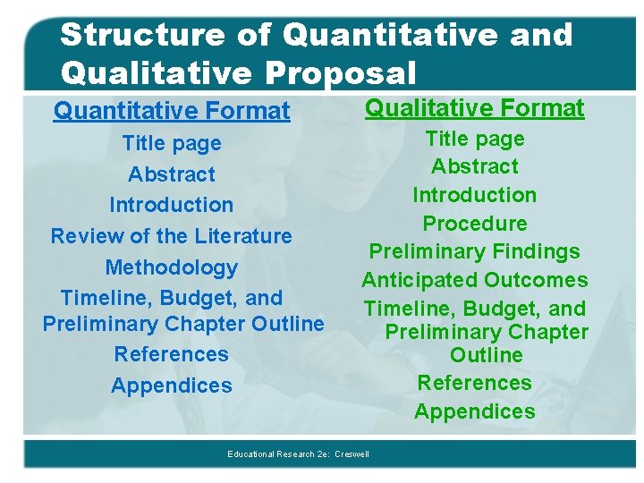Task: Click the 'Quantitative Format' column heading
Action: point(172,111)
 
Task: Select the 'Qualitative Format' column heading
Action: point(475,108)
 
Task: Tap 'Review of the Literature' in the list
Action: point(171,236)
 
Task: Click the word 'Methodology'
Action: point(171,267)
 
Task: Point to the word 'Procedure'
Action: point(475,224)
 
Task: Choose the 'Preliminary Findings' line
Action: point(475,252)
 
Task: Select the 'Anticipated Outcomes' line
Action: point(475,281)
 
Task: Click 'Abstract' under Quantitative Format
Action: point(171,174)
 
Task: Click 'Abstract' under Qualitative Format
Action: point(475,166)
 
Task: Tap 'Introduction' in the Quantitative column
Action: point(171,205)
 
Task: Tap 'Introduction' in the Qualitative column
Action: point(475,195)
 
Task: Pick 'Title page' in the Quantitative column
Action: point(171,143)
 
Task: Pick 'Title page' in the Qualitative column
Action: point(475,139)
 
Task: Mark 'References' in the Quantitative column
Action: point(171,354)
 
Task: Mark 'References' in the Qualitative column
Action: point(475,383)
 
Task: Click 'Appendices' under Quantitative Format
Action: point(171,386)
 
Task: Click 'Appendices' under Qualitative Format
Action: point(475,411)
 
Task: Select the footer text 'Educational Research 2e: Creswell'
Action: point(298,454)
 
